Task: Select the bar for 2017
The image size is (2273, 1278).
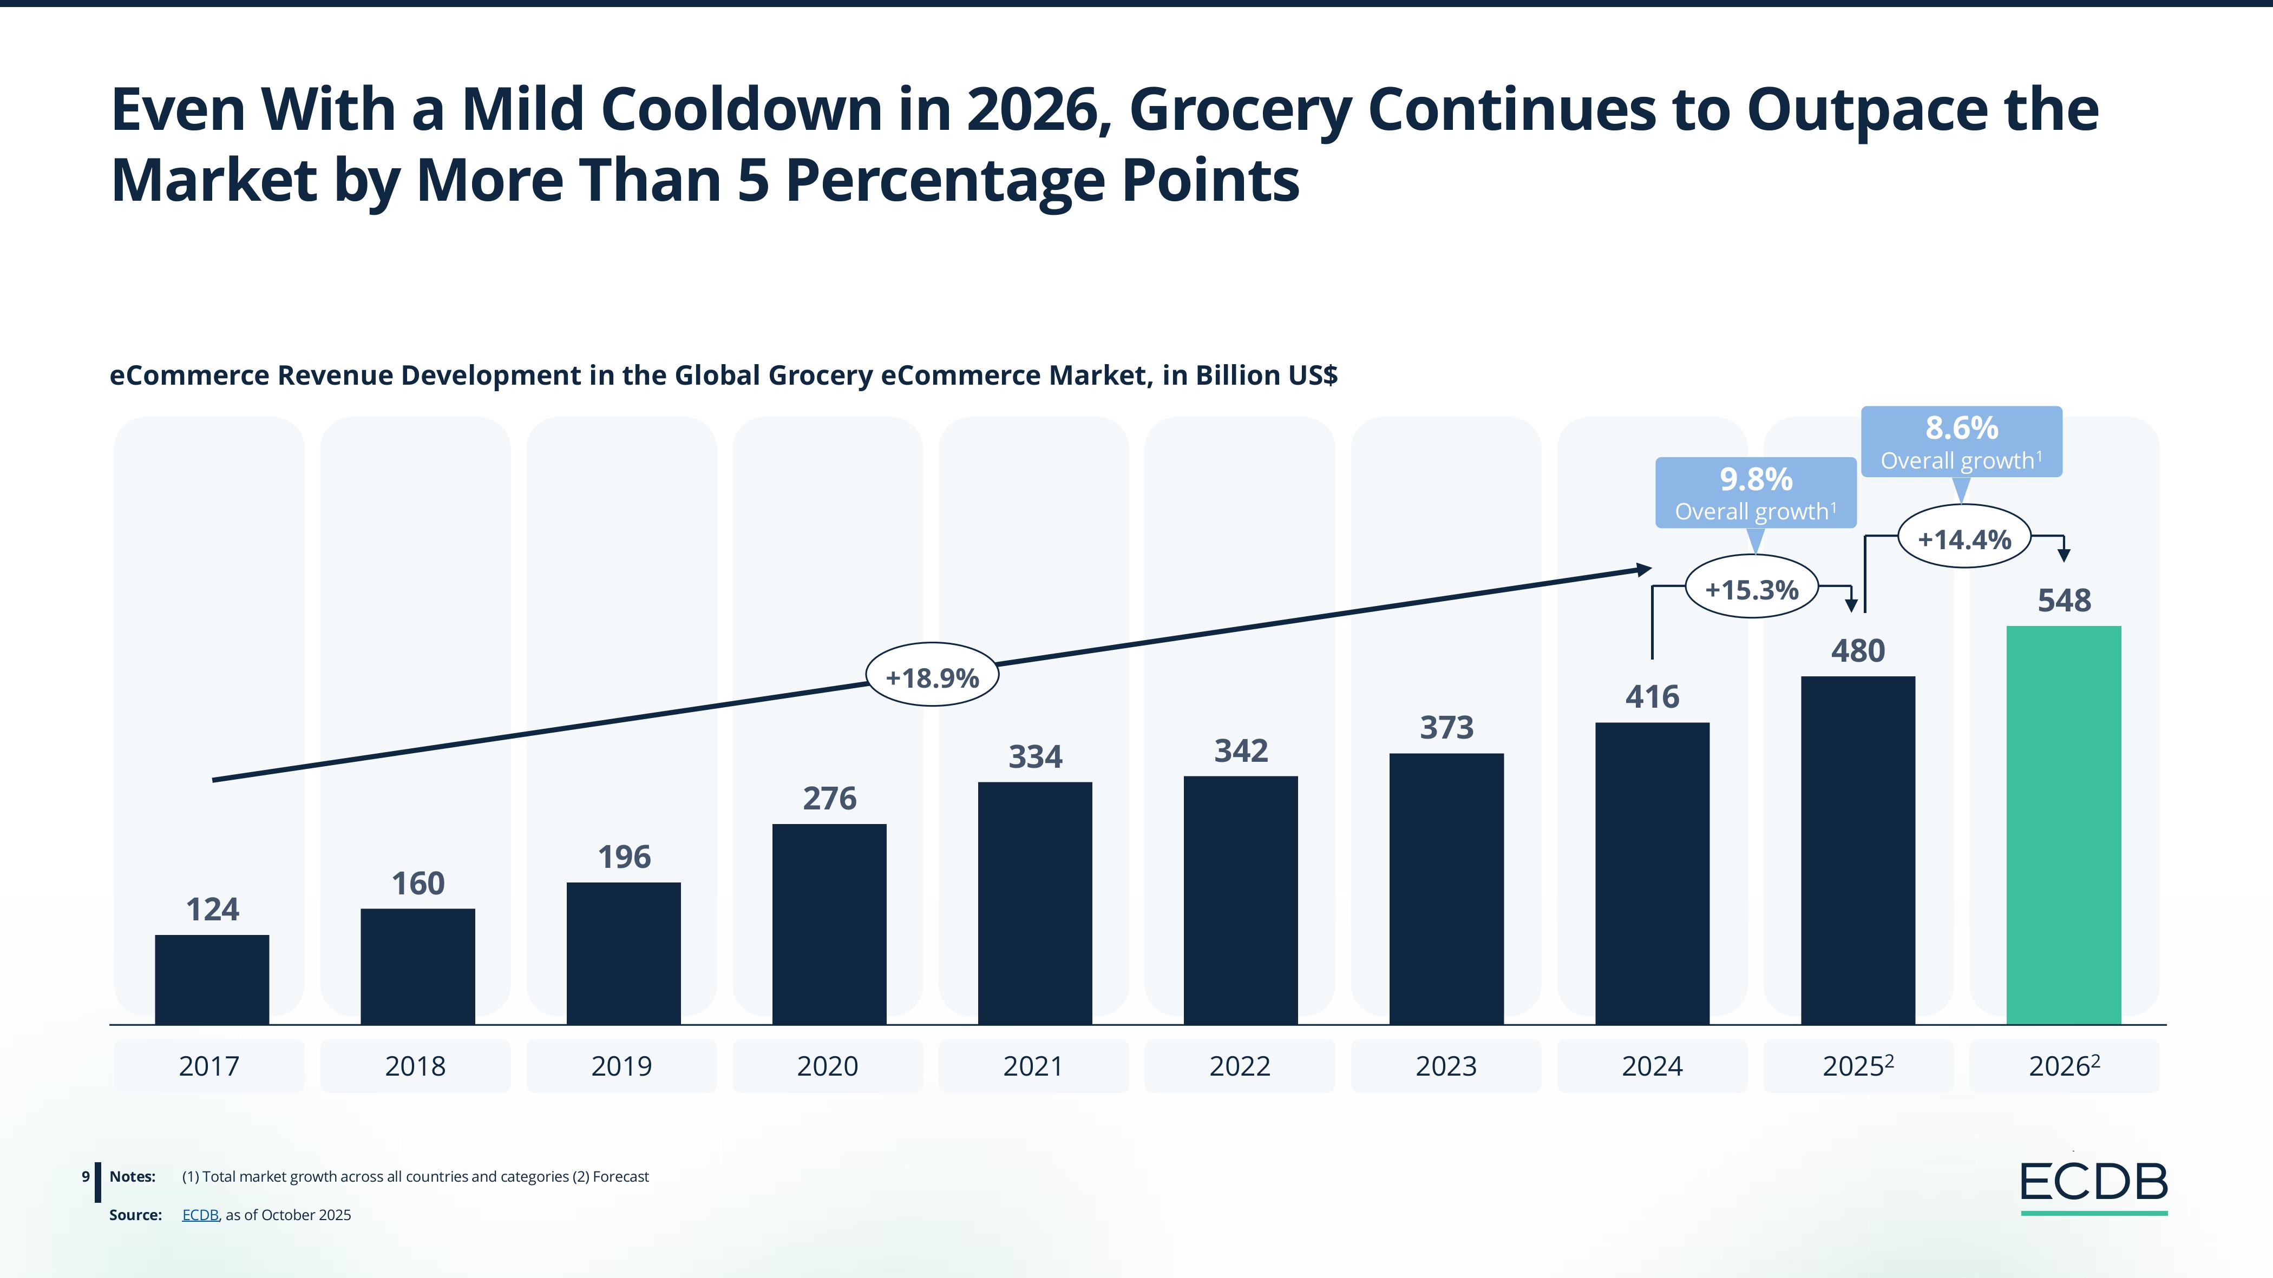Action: coord(212,979)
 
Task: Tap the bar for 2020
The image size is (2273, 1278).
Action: coord(829,924)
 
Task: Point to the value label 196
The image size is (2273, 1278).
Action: coord(624,857)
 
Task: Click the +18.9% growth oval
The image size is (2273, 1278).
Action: coord(932,677)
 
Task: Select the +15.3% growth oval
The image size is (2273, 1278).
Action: coord(1752,589)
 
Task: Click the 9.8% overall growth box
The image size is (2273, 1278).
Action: coord(1755,493)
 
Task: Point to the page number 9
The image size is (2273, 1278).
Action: coord(86,1177)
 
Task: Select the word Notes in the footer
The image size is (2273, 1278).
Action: coord(133,1177)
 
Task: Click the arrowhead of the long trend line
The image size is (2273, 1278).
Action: coord(1645,570)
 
